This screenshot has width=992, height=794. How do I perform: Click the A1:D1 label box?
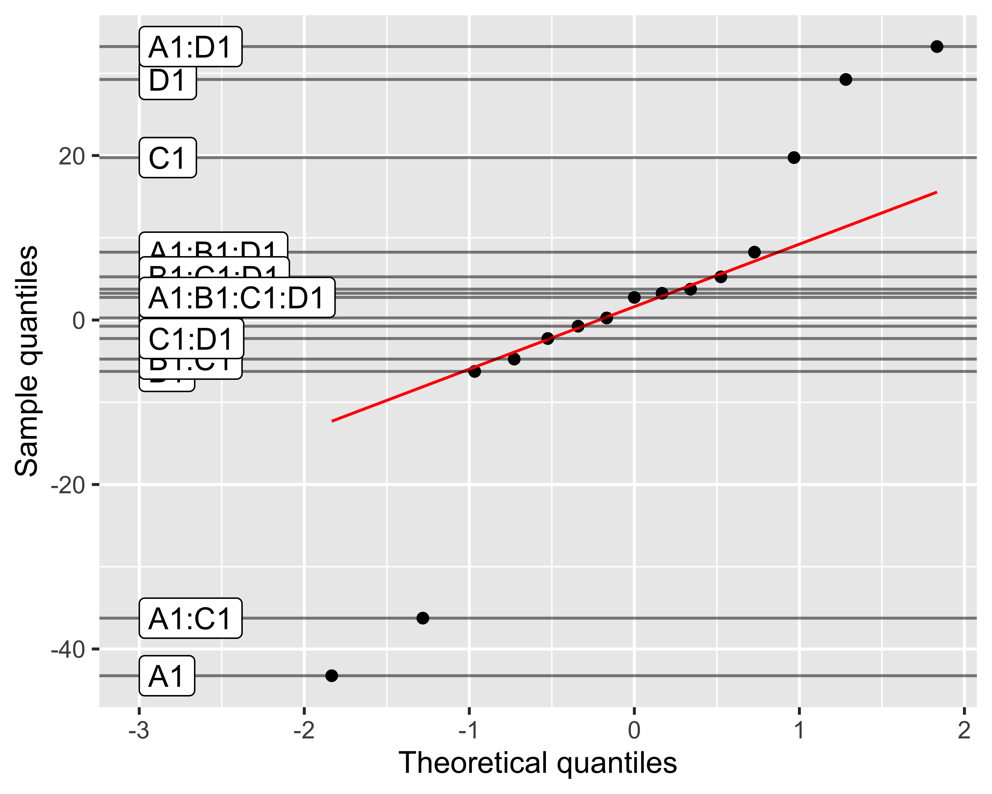[190, 47]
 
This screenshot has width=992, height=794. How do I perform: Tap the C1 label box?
[167, 158]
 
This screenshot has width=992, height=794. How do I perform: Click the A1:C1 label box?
[190, 618]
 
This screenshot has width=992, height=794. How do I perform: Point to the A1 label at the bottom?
[167, 676]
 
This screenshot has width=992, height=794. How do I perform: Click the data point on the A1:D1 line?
[937, 47]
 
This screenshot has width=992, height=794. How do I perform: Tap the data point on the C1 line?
[794, 157]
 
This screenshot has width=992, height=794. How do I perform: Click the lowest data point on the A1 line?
[331, 676]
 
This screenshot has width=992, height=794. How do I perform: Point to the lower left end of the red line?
[332, 421]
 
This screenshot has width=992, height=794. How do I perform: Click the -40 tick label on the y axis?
[68, 649]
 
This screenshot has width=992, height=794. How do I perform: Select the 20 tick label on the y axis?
[72, 156]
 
